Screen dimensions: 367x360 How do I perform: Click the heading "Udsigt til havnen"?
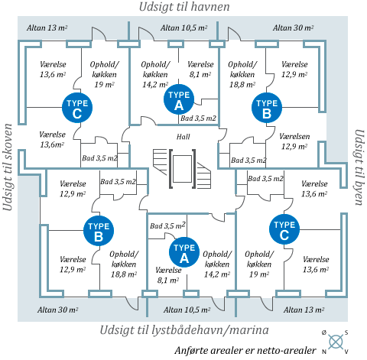[x=184, y=7]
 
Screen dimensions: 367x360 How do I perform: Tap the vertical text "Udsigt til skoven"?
[x=8, y=167]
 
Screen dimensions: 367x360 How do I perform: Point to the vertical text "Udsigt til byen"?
[x=359, y=167]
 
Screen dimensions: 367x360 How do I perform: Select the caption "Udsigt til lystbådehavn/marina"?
[x=184, y=330]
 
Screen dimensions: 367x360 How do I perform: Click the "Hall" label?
[x=183, y=137]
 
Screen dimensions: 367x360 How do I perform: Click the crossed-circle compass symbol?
[x=336, y=342]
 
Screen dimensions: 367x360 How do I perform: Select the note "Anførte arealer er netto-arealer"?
[x=245, y=351]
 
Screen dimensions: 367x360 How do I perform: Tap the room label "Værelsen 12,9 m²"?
[x=294, y=141]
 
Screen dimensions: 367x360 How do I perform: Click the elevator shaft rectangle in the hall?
[x=182, y=169]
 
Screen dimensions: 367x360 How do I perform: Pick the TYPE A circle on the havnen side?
[x=179, y=99]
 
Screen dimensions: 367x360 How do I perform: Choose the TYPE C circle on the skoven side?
[x=77, y=108]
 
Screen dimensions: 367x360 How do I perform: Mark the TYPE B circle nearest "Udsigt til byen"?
[x=267, y=108]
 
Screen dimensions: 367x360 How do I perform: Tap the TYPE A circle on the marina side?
[x=184, y=252]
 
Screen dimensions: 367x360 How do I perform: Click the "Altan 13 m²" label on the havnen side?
[x=47, y=28]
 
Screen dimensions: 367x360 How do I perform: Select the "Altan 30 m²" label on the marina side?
[x=58, y=310]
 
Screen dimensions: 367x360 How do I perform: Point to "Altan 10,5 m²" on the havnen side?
[x=183, y=28]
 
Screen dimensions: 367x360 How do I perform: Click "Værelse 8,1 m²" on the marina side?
[x=168, y=275]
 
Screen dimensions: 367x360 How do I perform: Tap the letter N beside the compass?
[x=324, y=352]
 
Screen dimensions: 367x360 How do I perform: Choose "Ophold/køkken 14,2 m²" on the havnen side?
[x=155, y=74]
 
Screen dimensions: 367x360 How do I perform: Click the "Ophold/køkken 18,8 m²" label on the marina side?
[x=124, y=264]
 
